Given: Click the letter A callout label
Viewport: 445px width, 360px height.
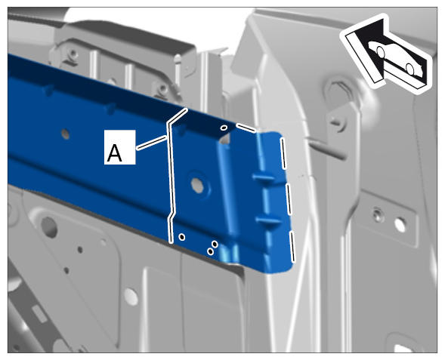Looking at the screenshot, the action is click(119, 147).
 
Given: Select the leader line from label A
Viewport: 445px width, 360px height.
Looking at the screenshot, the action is click(152, 143).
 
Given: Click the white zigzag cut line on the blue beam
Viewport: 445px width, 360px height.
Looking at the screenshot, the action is click(172, 176).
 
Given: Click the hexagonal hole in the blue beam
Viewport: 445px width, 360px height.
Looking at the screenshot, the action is click(197, 186).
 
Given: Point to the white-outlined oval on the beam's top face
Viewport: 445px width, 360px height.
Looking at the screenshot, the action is click(224, 128).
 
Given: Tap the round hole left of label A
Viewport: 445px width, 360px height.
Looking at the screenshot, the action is click(65, 134).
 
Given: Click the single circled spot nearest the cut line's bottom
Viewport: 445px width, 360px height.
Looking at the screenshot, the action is click(182, 237).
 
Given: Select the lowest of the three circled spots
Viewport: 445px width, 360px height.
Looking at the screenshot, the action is click(211, 251).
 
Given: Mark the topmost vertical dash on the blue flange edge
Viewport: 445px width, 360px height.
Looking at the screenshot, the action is click(283, 153).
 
